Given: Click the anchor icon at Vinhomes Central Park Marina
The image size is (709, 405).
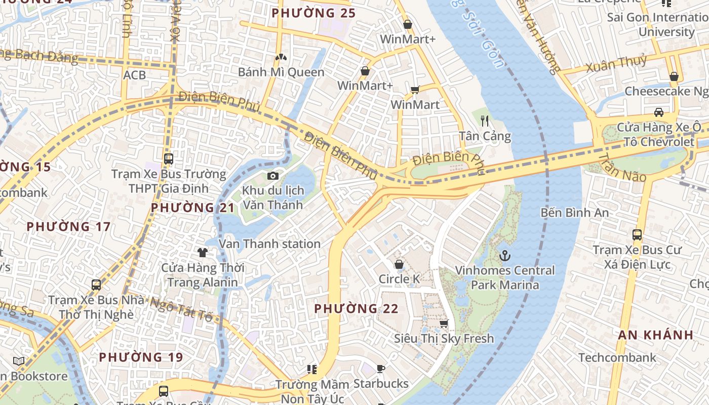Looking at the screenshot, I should (504, 256).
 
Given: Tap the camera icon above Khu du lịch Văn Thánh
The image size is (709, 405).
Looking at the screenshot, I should (273, 176).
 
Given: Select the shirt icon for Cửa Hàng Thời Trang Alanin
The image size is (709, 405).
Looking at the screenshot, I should (203, 252).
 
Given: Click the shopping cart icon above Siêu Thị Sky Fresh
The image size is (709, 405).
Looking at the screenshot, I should (444, 323).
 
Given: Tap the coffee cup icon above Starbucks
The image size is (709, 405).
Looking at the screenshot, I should (381, 369).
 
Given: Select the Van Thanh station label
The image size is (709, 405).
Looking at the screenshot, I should (269, 244).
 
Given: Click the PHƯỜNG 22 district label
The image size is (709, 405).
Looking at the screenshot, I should (356, 308).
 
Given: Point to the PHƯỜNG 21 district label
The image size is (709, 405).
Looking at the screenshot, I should (193, 208).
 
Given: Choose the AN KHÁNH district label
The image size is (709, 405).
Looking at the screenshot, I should (655, 335).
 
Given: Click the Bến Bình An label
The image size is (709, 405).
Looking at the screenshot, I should (575, 212).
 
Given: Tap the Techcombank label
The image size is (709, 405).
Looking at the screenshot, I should (617, 357).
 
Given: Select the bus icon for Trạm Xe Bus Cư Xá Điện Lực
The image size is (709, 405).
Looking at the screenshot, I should (637, 235).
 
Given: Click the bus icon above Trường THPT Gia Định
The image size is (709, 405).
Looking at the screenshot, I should (169, 158).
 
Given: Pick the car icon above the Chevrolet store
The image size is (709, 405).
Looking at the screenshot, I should (658, 112).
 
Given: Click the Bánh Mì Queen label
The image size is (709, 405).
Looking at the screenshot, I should (281, 72).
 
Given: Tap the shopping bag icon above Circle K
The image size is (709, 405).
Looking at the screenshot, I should (399, 264).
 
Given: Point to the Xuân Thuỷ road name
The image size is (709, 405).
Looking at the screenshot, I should (616, 64).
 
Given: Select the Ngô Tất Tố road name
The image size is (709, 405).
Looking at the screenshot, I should (181, 309).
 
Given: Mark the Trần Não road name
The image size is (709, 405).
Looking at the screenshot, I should (622, 168).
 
